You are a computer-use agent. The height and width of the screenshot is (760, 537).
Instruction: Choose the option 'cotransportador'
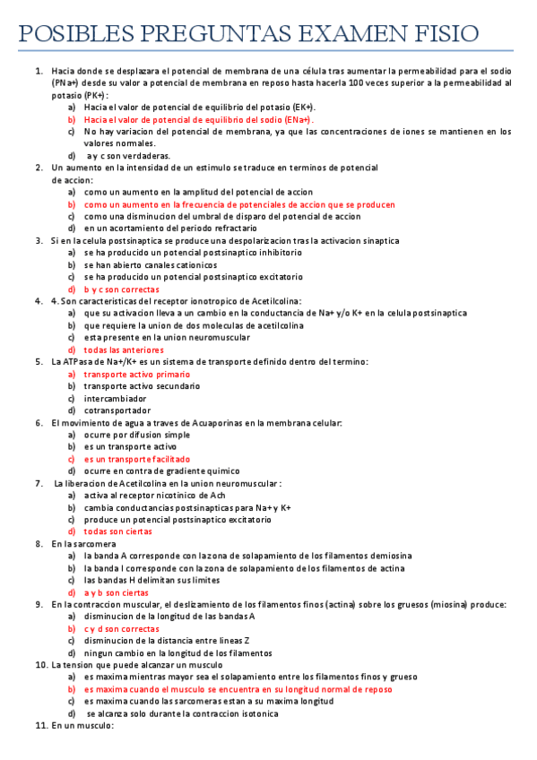117,410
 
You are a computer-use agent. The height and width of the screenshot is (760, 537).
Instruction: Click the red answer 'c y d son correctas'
122,628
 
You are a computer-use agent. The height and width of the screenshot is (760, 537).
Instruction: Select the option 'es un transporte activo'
131,446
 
